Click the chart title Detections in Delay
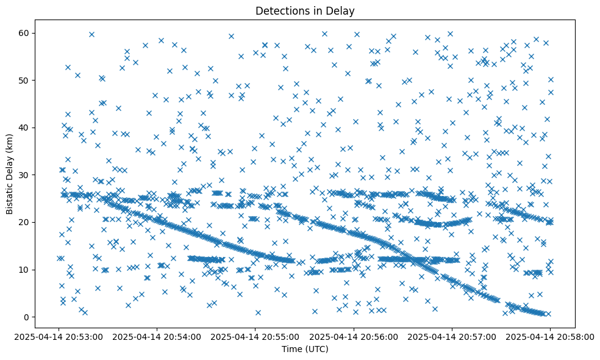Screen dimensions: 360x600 [x=305, y=10]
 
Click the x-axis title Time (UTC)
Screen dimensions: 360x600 [x=305, y=349]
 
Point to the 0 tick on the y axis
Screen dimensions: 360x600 [x=27, y=317]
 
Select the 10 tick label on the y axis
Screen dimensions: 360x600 [x=24, y=270]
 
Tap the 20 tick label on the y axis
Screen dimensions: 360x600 [x=24, y=222]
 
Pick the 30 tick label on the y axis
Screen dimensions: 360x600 [x=24, y=175]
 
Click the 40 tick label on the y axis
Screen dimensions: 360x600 [x=24, y=128]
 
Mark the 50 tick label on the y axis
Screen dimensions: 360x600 [x=24, y=80]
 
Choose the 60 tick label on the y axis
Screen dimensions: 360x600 [x=24, y=33]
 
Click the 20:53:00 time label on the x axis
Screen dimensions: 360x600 [x=59, y=336]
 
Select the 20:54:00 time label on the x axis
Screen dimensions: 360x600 [x=157, y=336]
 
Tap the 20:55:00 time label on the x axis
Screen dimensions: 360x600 [x=255, y=336]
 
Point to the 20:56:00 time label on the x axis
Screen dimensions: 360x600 [x=354, y=336]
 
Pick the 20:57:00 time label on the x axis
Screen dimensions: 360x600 [x=452, y=336]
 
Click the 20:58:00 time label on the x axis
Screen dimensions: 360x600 [x=550, y=336]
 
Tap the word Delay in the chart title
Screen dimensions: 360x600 [x=343, y=10]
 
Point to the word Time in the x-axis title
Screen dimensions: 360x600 [x=291, y=349]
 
